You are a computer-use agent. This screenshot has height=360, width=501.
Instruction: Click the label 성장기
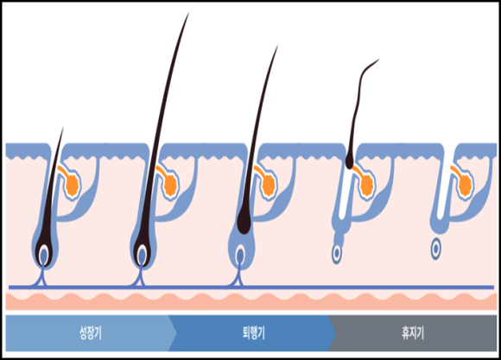coord(91,333)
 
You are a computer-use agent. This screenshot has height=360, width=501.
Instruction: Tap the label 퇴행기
coord(253,333)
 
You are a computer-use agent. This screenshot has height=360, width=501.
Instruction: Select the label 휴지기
coord(413,333)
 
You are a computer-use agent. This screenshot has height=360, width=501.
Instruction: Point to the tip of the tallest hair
coord(189,13)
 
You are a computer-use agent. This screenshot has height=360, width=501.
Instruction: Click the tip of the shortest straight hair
coord(63,128)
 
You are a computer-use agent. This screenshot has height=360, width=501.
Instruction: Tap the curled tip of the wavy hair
coord(379,60)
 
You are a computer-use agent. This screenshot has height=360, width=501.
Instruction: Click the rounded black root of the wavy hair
coord(349,162)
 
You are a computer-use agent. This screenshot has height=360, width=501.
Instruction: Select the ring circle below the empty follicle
coord(435,248)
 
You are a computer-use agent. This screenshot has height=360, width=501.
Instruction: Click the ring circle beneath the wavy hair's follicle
coord(336,253)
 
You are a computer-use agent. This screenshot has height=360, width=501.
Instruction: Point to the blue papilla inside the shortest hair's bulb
coord(43,255)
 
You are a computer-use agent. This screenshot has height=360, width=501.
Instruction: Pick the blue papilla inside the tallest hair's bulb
coord(142,255)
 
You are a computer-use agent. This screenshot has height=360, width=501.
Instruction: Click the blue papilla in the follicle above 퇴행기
coord(240,255)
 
